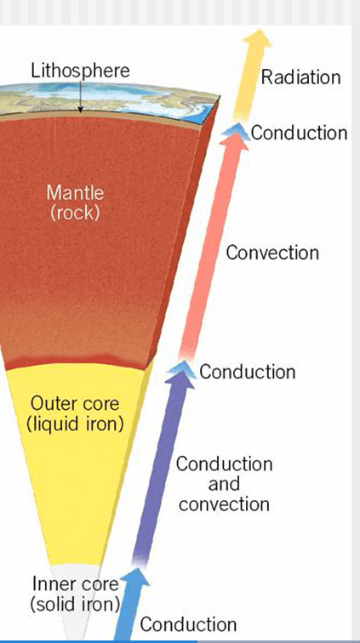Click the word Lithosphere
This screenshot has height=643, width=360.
[81, 71]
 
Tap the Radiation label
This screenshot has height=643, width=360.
[301, 77]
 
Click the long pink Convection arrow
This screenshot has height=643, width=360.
[213, 246]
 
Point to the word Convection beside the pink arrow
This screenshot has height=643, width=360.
[272, 253]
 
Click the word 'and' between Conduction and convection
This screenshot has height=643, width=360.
[224, 484]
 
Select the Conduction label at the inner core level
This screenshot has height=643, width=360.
[188, 624]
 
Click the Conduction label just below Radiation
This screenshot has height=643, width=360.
[300, 133]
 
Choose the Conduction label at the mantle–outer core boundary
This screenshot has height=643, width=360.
[248, 372]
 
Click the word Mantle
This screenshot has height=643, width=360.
[75, 193]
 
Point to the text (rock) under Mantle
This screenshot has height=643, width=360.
[75, 213]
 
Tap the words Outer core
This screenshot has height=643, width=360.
[75, 403]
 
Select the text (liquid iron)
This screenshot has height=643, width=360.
[75, 424]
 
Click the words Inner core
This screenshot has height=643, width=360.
[76, 583]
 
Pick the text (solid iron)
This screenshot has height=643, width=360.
[75, 604]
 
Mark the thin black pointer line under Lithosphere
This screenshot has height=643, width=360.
[81, 96]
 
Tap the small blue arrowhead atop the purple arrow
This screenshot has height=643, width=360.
[181, 367]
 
